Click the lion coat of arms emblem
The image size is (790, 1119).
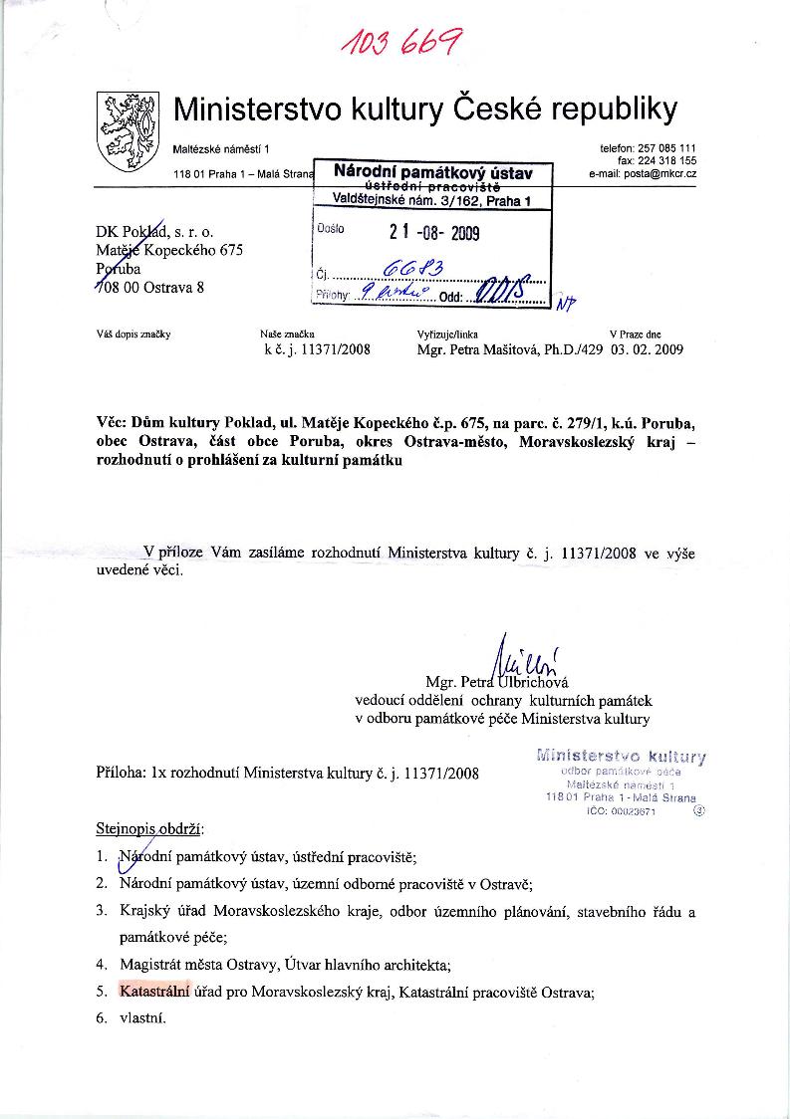[x=128, y=129]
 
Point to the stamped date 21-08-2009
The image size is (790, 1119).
[x=434, y=234]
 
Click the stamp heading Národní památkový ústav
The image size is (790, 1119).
[x=433, y=173]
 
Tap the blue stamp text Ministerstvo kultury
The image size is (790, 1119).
[x=622, y=756]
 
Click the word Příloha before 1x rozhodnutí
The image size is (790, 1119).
[x=119, y=772]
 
